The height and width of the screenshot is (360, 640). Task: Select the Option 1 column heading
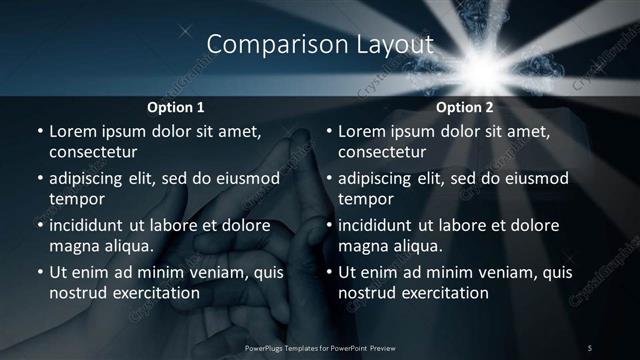point(176,106)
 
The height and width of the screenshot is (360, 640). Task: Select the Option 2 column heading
point(465,106)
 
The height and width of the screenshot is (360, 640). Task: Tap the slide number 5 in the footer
point(590,347)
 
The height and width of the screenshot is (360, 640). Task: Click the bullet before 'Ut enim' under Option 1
point(38,272)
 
